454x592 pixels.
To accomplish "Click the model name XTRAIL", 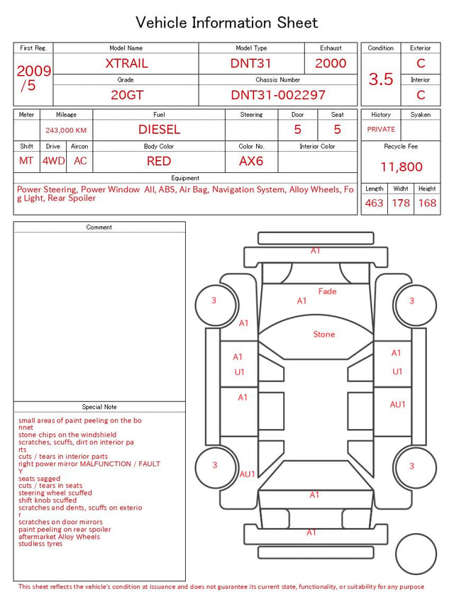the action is pos(126,63).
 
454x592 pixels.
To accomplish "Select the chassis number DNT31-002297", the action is pos(278,95).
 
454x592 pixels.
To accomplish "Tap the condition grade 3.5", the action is pos(381,79).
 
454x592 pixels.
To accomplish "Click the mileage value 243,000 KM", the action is pos(66,130).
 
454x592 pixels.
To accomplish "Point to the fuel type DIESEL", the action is pos(159,130).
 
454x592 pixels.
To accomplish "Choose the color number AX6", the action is pos(251,161).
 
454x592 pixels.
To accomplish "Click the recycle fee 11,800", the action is pos(401,167).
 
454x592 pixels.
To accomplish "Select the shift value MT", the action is pos(26,161).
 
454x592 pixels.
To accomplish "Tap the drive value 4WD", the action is pos(53,161).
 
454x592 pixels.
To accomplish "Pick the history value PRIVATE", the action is pos(381,130).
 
